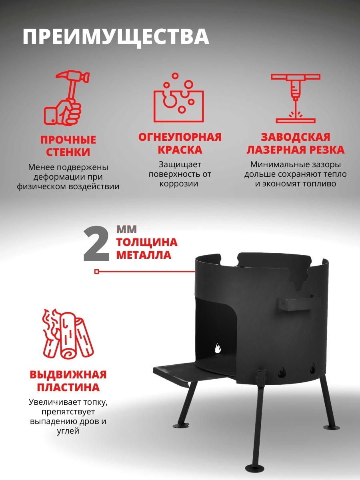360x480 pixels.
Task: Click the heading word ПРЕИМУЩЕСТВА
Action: coord(116,37)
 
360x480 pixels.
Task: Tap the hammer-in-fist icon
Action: coord(67,98)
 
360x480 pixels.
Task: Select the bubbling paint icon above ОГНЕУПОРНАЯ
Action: coord(179,98)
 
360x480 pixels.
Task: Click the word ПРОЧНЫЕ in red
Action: coord(68,140)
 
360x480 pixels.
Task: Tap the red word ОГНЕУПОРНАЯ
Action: coord(180,137)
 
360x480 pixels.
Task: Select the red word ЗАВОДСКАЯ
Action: coord(296,137)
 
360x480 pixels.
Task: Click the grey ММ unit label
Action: coord(126,230)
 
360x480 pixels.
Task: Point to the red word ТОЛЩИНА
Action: coord(147,242)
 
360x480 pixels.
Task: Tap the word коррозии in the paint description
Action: coord(179,184)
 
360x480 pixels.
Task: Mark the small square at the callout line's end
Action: coord(97,272)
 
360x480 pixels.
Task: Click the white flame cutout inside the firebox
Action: coord(218,348)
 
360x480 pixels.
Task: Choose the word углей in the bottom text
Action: coord(68,431)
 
